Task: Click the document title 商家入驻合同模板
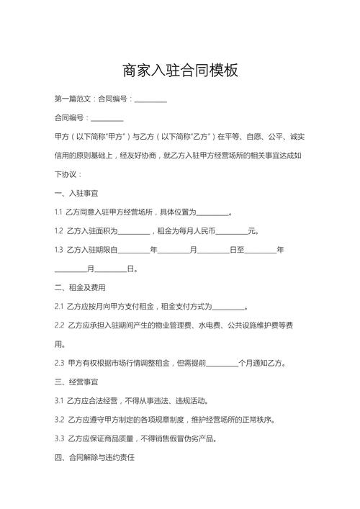coord(180,71)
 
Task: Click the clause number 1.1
coord(58,212)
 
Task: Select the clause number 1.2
coord(58,231)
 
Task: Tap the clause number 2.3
coord(59,363)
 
